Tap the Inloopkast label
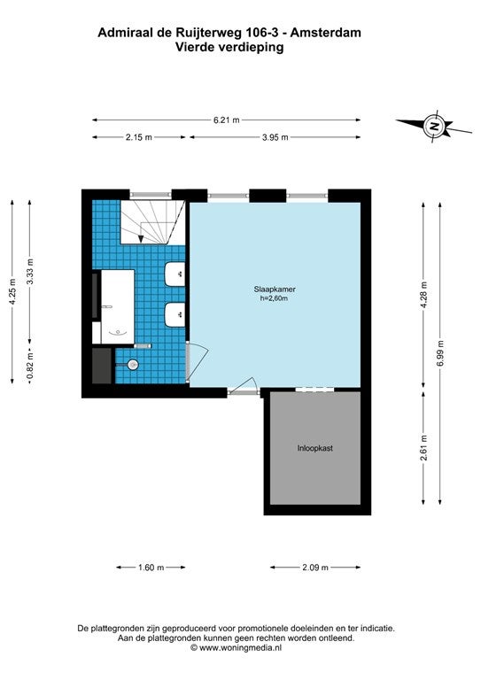click(x=314, y=448)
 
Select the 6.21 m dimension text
click(x=227, y=120)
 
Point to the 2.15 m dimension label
click(x=139, y=137)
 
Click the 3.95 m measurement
click(x=275, y=137)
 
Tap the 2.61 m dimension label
click(x=424, y=448)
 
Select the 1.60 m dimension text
click(x=151, y=568)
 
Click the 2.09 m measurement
click(x=315, y=568)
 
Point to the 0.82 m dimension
click(x=30, y=366)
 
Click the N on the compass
click(x=433, y=127)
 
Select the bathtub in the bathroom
click(x=118, y=306)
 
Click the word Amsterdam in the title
click(x=325, y=33)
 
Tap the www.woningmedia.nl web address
click(x=240, y=648)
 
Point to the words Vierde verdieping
click(x=229, y=46)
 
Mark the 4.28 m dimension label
click(x=424, y=295)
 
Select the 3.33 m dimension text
click(x=30, y=272)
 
